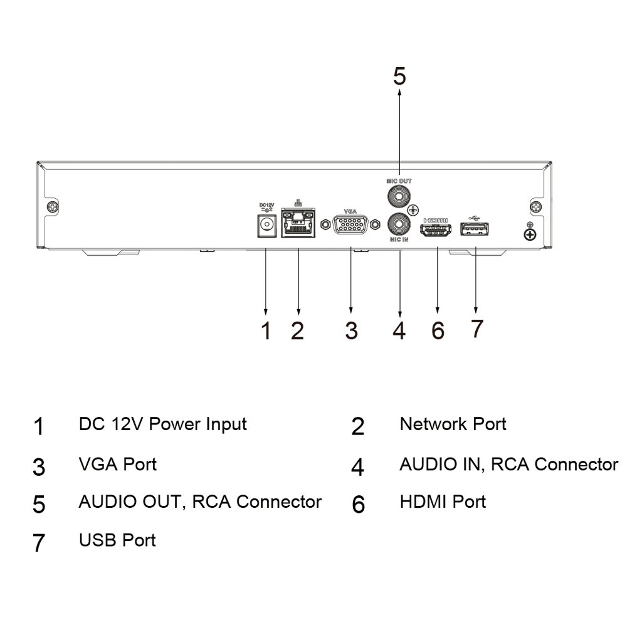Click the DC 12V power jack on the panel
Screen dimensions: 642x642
(268, 224)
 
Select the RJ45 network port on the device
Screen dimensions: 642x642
(298, 223)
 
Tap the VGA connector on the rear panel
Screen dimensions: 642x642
(350, 225)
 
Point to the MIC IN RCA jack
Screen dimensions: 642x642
(399, 223)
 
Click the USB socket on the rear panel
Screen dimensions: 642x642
(475, 230)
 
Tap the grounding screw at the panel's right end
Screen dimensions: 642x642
(530, 234)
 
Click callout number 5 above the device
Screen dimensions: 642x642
(399, 76)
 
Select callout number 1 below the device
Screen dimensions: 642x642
(266, 330)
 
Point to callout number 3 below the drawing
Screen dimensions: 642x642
(351, 330)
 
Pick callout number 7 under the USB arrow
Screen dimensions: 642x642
(476, 329)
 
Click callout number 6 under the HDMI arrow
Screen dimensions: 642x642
(438, 330)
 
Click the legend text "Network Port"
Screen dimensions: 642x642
(453, 424)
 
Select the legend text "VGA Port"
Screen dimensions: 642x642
(118, 465)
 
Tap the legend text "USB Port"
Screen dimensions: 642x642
(117, 540)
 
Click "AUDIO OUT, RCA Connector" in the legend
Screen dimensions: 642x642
(200, 502)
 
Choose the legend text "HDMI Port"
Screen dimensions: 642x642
(443, 502)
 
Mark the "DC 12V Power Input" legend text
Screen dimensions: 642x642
(163, 424)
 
